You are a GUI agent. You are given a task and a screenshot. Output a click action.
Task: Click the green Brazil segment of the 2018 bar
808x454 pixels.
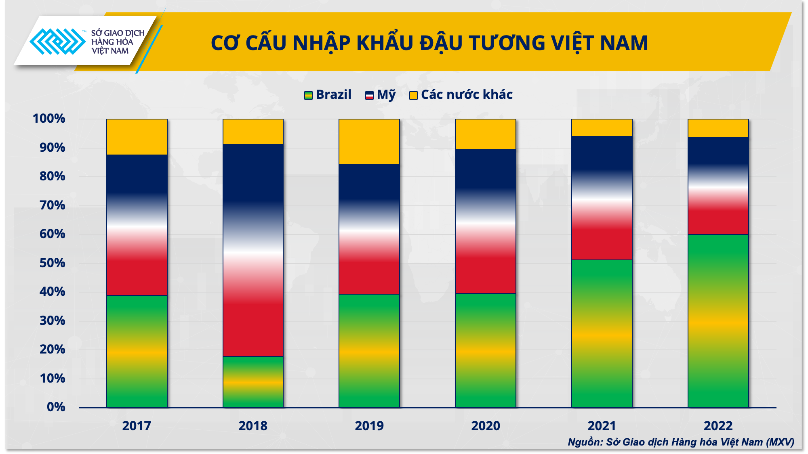(253, 381)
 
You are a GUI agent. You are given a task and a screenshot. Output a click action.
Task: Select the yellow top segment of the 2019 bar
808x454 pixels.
(369, 141)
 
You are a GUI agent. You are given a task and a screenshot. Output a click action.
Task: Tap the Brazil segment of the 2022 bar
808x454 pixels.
(718, 321)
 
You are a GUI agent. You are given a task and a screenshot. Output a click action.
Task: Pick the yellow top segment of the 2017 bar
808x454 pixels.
(137, 137)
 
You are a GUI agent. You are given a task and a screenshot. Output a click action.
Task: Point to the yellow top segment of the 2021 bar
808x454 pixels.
(602, 128)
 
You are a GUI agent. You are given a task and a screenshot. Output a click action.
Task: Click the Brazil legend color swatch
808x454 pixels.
(308, 95)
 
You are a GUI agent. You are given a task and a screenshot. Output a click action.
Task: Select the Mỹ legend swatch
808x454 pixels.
(369, 95)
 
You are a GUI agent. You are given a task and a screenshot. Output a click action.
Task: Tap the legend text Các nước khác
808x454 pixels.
(467, 94)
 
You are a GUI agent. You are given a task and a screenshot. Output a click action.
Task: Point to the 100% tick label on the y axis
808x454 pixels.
(49, 119)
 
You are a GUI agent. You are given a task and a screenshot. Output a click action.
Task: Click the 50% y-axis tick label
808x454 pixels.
(52, 263)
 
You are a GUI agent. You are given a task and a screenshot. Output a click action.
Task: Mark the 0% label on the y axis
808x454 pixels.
(56, 407)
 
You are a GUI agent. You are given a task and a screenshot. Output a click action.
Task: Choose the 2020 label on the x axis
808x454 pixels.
(485, 426)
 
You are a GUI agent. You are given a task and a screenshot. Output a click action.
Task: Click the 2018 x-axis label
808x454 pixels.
(253, 426)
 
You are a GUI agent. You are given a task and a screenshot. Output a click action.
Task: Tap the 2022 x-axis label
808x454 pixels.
(718, 426)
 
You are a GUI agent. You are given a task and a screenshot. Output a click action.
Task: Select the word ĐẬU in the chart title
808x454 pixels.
(441, 43)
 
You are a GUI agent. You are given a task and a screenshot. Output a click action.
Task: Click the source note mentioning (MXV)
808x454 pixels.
(680, 442)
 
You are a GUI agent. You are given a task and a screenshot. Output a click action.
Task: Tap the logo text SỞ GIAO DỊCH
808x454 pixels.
(118, 33)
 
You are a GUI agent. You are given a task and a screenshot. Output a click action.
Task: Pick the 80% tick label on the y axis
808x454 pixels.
(52, 176)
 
